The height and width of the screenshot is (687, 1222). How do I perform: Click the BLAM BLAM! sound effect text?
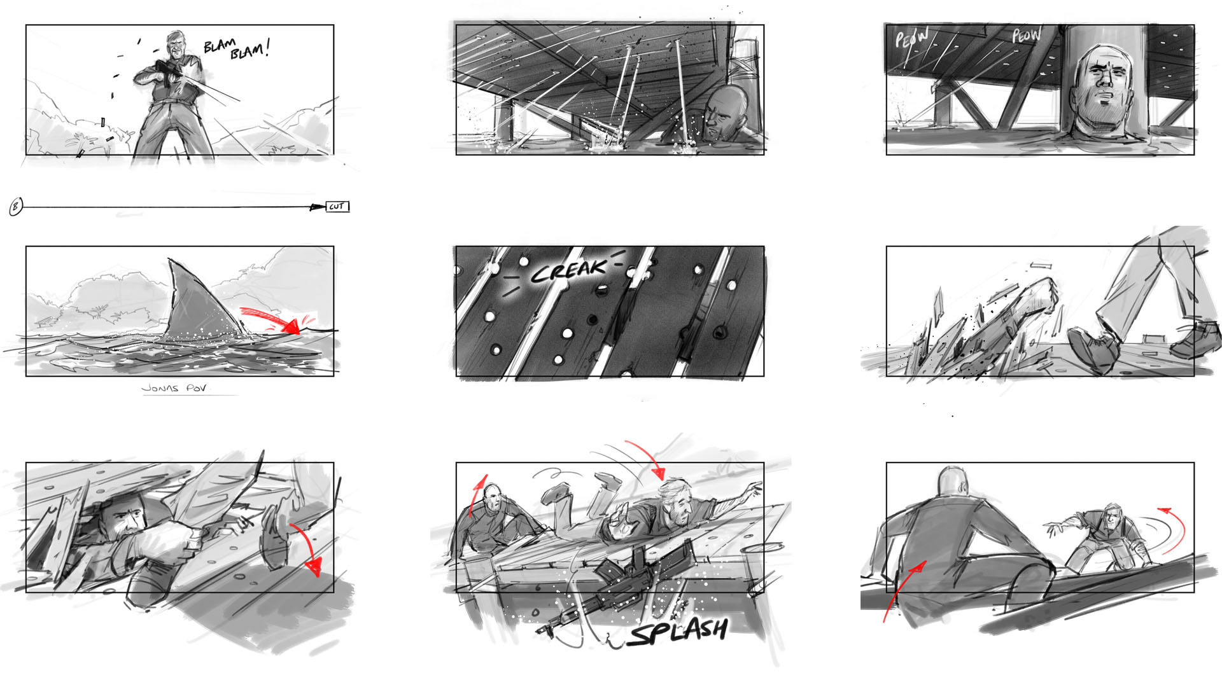click(236, 48)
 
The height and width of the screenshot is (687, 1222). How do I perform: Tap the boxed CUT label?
click(337, 207)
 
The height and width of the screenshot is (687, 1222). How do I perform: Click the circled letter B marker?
click(16, 207)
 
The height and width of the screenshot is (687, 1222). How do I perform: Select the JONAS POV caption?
click(174, 388)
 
